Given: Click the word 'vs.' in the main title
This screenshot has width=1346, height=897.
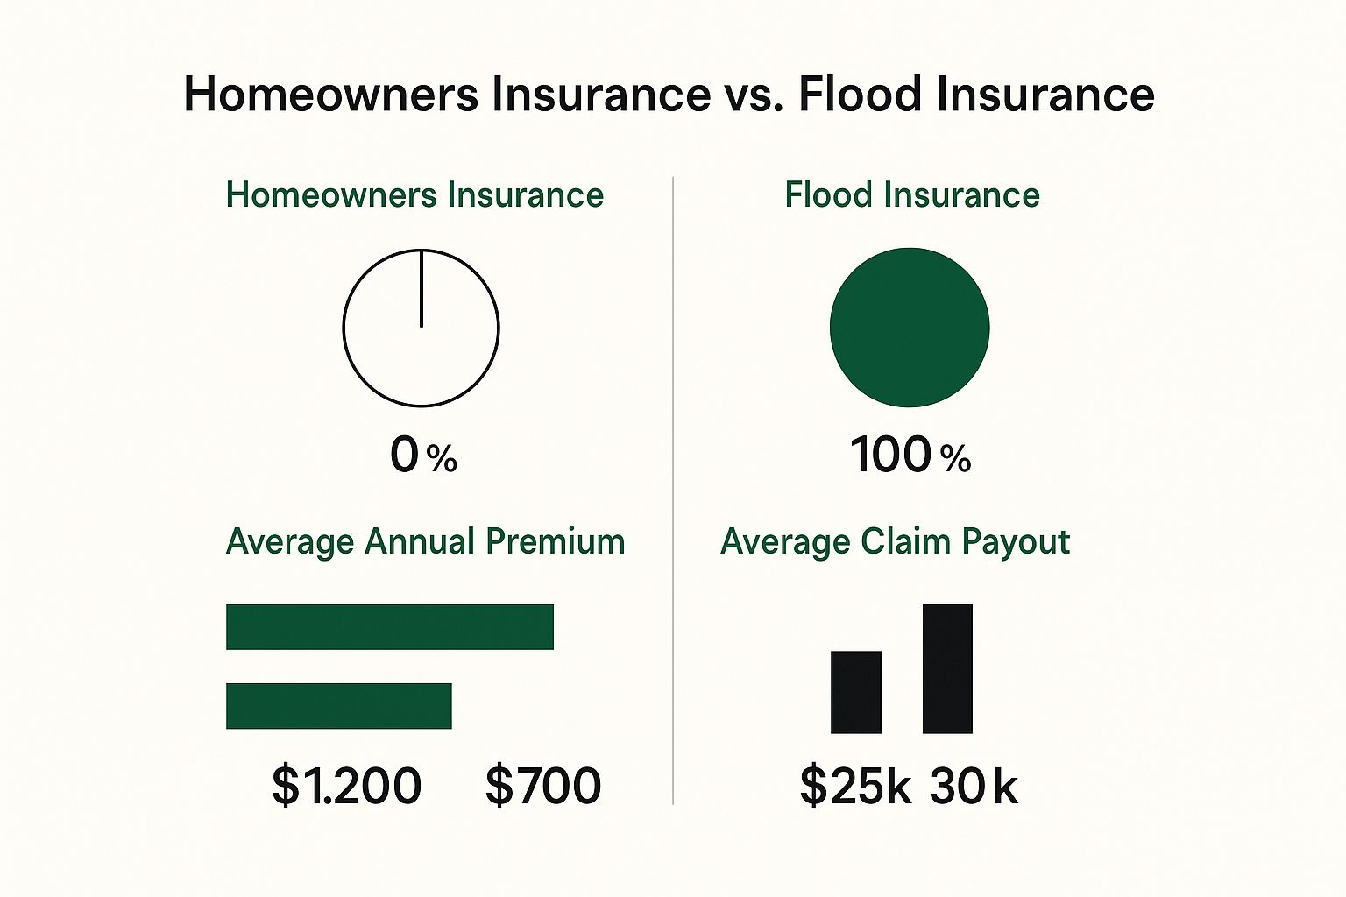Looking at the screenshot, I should pos(754,95).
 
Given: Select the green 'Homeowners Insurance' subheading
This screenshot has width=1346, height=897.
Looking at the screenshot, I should pos(414,194).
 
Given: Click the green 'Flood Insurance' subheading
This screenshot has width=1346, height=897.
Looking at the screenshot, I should pos(911,194).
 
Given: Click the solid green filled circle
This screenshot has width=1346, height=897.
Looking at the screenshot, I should pos(910,328).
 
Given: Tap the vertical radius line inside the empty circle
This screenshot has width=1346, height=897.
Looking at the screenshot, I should pos(422,289).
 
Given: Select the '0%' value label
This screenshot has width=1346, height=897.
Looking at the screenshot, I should pos(423,456).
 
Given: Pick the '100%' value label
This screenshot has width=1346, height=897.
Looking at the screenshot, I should pos(910,456).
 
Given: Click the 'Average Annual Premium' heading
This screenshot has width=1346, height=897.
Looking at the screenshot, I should pos(425,541).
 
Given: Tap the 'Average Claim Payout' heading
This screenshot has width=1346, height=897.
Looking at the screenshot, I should pos(895,541).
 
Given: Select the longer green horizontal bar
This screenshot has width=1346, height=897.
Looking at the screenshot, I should pos(390,626).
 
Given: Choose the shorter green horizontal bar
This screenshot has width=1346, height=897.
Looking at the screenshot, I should pos(338,706).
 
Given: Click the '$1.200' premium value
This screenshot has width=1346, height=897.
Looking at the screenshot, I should pos(346,785).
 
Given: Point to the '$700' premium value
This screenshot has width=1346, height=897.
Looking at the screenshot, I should pos(543,785).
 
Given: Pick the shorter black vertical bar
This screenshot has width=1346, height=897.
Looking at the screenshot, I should pos(855,692).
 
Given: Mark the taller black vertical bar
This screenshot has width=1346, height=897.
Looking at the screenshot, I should pos(947,668).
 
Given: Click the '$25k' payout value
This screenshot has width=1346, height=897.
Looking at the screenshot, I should pos(854,786).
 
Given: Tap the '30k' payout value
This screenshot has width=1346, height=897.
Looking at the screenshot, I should pos(973,786).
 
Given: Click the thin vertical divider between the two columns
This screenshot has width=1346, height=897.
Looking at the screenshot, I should pos(673,491).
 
